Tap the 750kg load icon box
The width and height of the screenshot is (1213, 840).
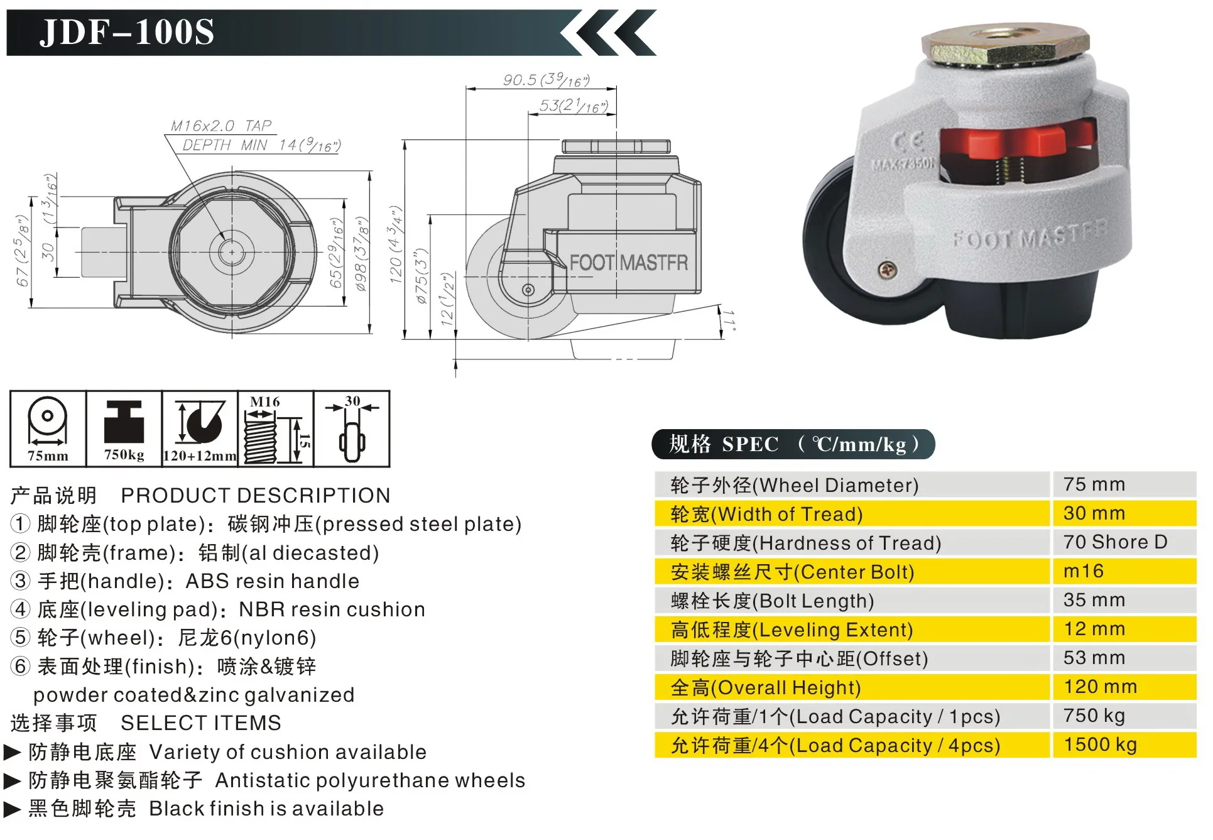tap(124, 429)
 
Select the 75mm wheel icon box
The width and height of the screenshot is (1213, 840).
tap(48, 429)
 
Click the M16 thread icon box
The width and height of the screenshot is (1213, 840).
tap(275, 429)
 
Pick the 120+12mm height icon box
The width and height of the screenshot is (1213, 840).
tap(200, 429)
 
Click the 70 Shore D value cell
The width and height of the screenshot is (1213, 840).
tap(1115, 542)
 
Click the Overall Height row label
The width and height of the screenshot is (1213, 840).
tap(766, 687)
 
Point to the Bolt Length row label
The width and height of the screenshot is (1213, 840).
tap(772, 601)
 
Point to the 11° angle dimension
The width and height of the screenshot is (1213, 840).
tap(729, 320)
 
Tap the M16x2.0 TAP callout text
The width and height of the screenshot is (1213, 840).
tap(221, 126)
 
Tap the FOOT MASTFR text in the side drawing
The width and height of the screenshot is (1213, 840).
tap(628, 263)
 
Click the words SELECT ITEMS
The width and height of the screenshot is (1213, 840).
tap(201, 723)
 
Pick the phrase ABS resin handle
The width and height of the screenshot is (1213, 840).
tap(272, 581)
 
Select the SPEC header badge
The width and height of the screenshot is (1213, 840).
tap(793, 444)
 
